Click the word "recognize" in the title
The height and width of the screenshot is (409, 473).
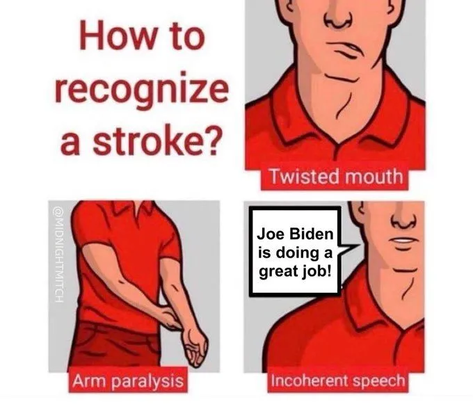tap(141, 90)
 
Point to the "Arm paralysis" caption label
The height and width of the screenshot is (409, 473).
tap(128, 380)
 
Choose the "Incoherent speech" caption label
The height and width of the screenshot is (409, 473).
tap(337, 380)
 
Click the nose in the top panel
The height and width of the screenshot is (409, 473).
tap(338, 19)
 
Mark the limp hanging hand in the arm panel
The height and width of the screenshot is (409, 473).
tap(195, 347)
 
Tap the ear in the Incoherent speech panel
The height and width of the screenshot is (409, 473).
tap(359, 211)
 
